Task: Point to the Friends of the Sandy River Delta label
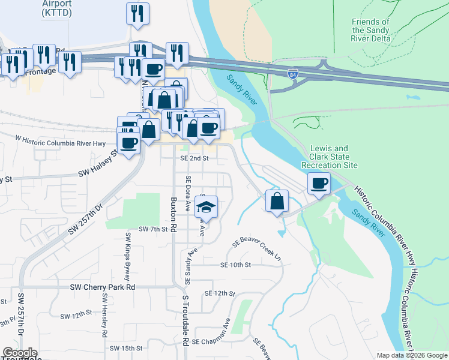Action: pos(370,30)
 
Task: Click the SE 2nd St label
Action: pos(194,158)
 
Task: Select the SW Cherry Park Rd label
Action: pos(103,287)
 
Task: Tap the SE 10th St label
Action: pos(235,265)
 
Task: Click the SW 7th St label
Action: pos(152,229)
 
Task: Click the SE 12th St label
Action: pos(219,293)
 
